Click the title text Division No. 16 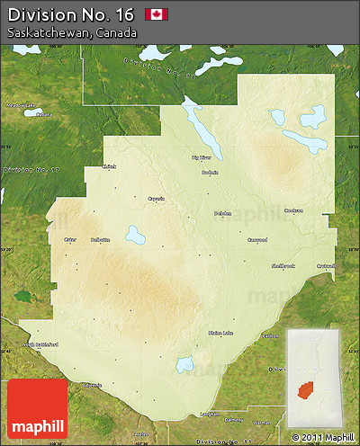(67, 13)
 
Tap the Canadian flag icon (157, 14)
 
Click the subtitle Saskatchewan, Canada (72, 32)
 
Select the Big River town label (201, 157)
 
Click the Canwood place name (257, 239)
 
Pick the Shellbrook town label (283, 266)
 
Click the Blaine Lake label (220, 333)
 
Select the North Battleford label (40, 344)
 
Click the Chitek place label (110, 165)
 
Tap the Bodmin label (211, 173)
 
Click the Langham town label (210, 414)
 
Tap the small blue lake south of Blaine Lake (185, 364)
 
